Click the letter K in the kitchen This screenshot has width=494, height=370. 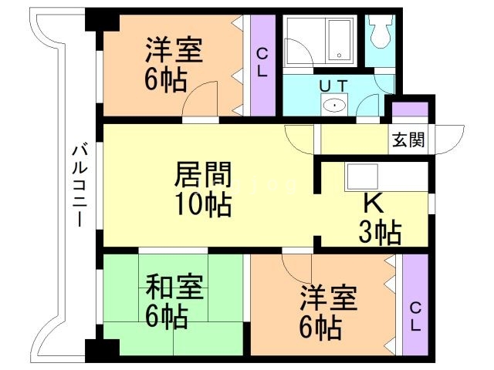click(x=374, y=203)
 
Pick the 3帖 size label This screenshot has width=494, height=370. click(x=379, y=231)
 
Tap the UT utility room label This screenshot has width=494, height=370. click(x=333, y=84)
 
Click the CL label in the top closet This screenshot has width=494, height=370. click(x=262, y=62)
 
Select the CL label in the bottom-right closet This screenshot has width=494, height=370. click(x=414, y=317)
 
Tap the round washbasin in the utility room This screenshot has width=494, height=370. click(x=334, y=105)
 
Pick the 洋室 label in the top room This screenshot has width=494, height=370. click(x=175, y=50)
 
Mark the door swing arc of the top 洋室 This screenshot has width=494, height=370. click(x=199, y=99)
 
